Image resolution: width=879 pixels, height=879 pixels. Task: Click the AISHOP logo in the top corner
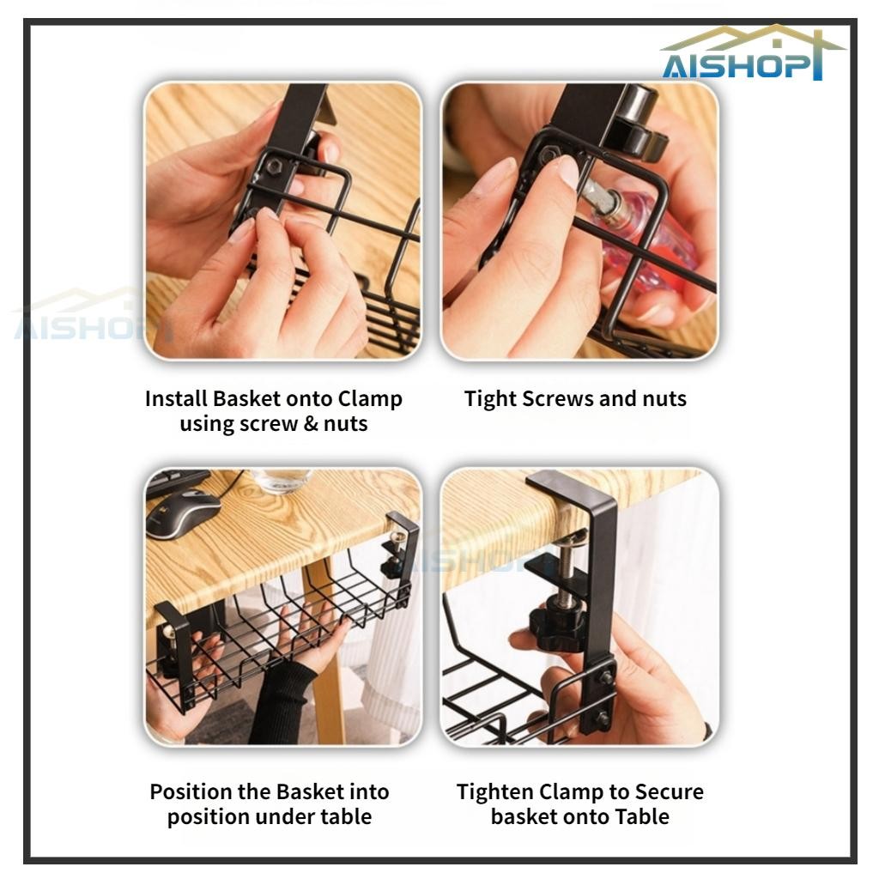751,53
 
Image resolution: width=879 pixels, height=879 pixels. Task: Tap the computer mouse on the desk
182,512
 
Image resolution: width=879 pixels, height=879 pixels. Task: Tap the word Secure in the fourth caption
669,792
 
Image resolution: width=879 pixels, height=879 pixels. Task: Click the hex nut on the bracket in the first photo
274,166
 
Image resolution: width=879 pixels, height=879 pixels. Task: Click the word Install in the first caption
176,398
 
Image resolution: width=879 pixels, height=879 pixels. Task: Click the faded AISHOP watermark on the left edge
84,317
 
